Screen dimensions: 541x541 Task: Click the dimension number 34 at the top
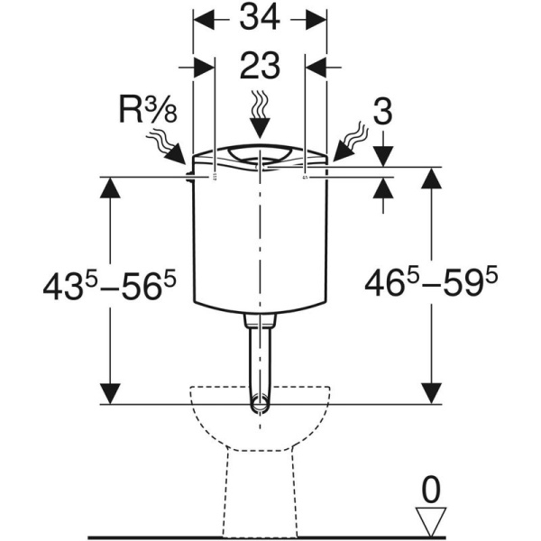[260, 18]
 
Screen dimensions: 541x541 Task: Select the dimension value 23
[260, 68]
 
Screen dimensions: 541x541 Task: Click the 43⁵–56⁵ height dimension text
[108, 286]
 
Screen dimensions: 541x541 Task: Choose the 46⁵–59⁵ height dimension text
[431, 286]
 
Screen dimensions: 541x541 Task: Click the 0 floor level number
[431, 491]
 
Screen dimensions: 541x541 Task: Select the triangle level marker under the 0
[431, 522]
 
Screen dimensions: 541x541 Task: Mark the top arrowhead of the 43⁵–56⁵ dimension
[110, 188]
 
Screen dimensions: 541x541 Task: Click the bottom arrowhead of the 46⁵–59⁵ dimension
[431, 393]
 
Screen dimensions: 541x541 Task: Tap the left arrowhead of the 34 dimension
[204, 18]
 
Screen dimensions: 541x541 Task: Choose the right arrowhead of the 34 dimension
[316, 18]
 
